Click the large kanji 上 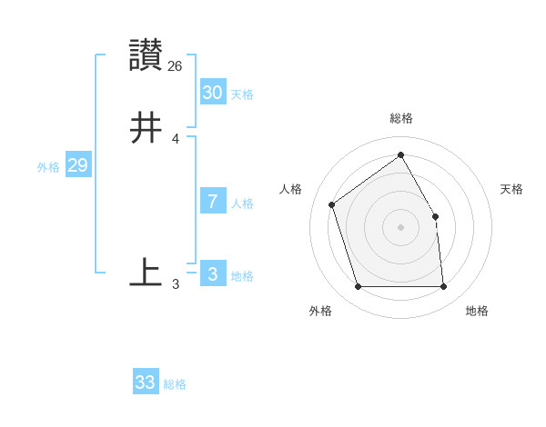pos(146,273)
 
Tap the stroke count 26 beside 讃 pos(176,66)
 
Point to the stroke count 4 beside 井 pos(176,139)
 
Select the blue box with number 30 pos(212,93)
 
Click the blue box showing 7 pos(212,202)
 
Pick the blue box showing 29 pos(77,165)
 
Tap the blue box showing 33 pos(145,382)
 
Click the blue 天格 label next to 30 pos(242,94)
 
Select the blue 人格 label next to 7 pos(242,204)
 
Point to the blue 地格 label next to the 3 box pos(242,276)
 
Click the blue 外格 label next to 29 pos(48,167)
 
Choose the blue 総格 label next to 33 pos(175,384)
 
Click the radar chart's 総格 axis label pos(400,118)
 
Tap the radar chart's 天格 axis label pos(512,189)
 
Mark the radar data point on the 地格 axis pos(444,287)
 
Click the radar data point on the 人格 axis pos(332,204)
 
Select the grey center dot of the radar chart pos(400,227)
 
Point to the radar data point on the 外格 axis pos(358,287)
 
